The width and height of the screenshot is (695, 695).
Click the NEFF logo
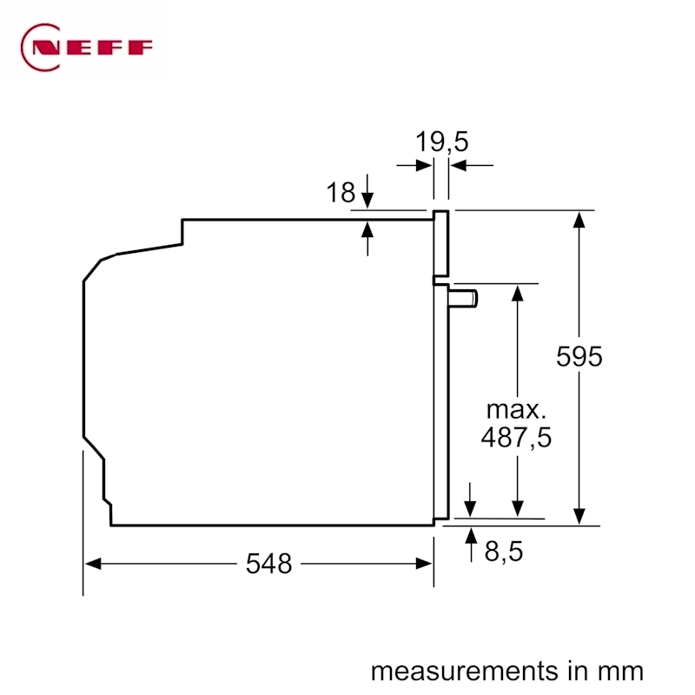click(x=86, y=48)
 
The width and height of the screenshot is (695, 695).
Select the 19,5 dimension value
click(x=441, y=142)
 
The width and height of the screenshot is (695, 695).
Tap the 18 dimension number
click(x=341, y=192)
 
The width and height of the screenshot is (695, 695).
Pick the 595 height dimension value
click(x=579, y=356)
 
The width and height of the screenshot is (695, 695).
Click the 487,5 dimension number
click(x=516, y=438)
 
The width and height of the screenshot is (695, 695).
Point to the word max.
click(x=516, y=410)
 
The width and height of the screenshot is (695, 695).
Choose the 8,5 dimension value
click(x=504, y=552)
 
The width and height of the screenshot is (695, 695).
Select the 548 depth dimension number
click(x=268, y=564)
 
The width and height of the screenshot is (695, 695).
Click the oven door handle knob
click(x=462, y=298)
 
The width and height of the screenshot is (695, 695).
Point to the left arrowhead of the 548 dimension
click(x=93, y=564)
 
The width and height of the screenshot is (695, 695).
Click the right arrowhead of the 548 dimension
click(x=424, y=564)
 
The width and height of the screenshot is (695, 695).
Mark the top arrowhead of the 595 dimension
click(x=579, y=220)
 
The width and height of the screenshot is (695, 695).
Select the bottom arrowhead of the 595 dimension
click(x=579, y=516)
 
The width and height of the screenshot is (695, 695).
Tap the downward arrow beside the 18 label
click(x=367, y=191)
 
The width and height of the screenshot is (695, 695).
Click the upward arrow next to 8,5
click(x=471, y=545)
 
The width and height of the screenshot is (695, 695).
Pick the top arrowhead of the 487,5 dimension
click(x=517, y=293)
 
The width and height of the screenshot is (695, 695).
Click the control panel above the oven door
click(x=441, y=243)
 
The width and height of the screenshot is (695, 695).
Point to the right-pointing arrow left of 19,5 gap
click(x=414, y=166)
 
